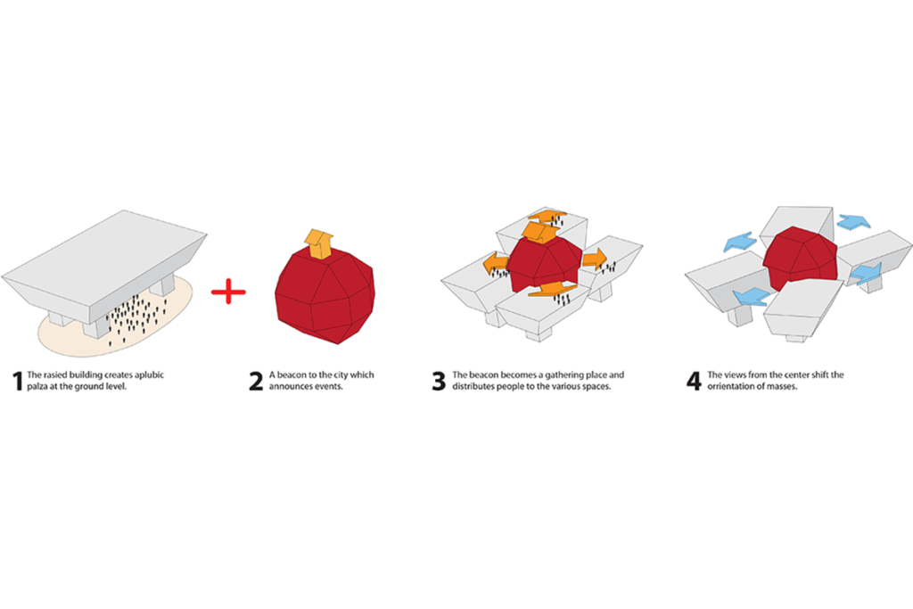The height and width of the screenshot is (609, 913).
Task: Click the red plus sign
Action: tap(228, 292)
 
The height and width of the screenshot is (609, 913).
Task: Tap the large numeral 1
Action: tap(18, 382)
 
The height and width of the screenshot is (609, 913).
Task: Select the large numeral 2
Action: tap(256, 382)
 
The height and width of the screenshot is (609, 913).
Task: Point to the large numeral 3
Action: tap(439, 382)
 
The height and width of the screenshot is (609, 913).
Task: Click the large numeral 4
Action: tap(694, 382)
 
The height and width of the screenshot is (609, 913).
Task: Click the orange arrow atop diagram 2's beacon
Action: tap(318, 244)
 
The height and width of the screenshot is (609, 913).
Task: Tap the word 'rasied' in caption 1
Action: tap(55, 375)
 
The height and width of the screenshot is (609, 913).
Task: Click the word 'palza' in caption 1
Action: tap(37, 387)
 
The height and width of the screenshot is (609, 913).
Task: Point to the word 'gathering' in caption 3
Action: tap(564, 375)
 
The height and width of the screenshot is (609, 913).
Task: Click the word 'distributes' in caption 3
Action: tap(473, 386)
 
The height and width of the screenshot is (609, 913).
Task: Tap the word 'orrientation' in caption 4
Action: tap(730, 386)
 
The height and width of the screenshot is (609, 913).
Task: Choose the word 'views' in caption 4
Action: tap(735, 375)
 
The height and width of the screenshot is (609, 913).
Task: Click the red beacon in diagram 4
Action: tap(800, 259)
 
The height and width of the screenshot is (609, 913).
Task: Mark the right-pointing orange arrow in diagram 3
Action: tap(595, 258)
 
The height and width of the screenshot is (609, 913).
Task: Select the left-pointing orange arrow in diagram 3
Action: tap(496, 263)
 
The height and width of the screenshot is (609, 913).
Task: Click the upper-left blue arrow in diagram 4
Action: tap(740, 242)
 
